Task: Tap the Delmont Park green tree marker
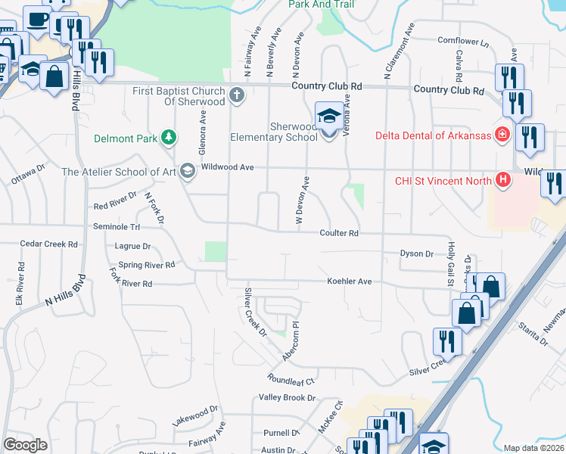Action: click(x=169, y=138)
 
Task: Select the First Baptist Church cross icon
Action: click(x=238, y=95)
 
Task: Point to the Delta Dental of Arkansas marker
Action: click(x=502, y=135)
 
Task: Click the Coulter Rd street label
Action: click(x=338, y=234)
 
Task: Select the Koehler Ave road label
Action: click(x=349, y=281)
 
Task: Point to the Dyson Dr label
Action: click(x=416, y=254)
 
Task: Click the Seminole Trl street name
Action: click(x=117, y=227)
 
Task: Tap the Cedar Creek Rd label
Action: click(x=49, y=244)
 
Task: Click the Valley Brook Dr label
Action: click(x=287, y=398)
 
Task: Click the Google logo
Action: click(x=25, y=444)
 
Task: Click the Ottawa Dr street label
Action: click(x=29, y=179)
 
